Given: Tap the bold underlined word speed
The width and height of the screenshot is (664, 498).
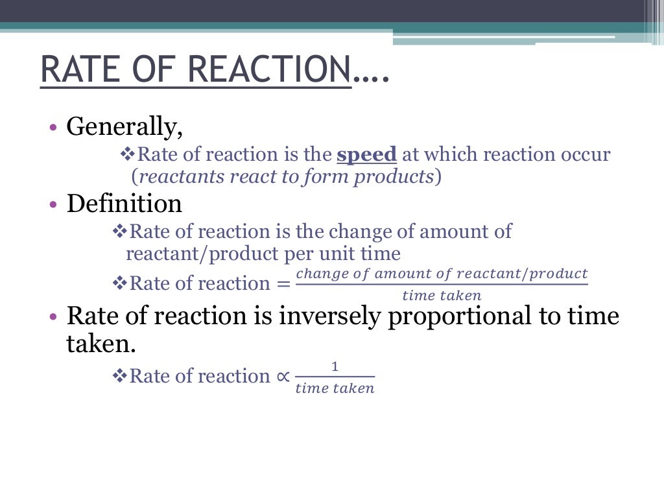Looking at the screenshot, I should click(x=366, y=154).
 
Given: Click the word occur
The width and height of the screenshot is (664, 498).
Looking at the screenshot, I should click(x=586, y=154).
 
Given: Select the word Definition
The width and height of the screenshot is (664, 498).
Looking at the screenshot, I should click(x=124, y=204).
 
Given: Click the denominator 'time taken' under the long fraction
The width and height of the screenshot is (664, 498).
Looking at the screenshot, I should click(x=442, y=296).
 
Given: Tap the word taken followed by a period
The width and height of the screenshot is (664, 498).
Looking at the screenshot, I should click(x=101, y=344).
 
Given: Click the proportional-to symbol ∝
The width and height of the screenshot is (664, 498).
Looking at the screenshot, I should click(x=281, y=376).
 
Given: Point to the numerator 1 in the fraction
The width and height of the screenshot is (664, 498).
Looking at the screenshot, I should click(x=335, y=367).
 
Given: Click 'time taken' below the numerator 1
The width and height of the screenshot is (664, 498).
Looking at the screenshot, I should click(x=335, y=388).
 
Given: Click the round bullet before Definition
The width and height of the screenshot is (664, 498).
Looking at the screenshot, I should click(x=54, y=204).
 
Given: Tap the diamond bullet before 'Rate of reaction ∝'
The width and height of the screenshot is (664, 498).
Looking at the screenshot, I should click(x=120, y=376).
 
